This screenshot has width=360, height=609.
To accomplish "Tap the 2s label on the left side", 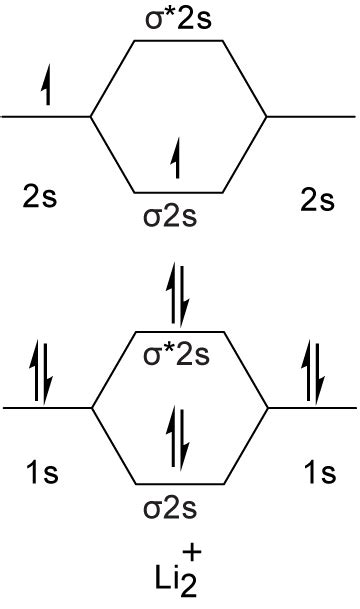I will (x=40, y=197).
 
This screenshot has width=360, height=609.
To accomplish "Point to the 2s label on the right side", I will (x=317, y=198).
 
